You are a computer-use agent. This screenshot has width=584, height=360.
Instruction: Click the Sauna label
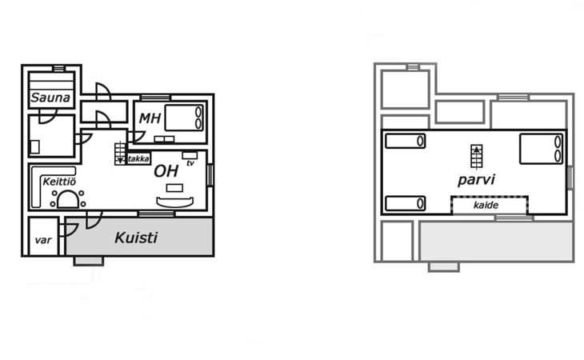tap(50, 99)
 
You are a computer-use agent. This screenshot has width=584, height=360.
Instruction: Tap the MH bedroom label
tap(150, 118)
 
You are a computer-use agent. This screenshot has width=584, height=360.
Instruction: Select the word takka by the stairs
tap(138, 158)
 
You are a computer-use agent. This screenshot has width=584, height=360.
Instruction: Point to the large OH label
tap(166, 171)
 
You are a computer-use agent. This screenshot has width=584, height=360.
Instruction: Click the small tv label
tap(190, 163)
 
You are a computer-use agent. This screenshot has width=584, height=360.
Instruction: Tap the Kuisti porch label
tap(135, 238)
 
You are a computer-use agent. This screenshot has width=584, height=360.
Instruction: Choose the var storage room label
tap(42, 240)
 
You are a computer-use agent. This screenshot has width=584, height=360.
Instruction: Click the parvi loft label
tap(476, 180)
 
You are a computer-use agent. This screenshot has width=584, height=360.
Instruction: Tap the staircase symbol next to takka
tap(120, 152)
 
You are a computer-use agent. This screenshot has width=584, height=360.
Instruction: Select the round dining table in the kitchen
tap(68, 198)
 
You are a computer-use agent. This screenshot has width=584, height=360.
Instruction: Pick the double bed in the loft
tap(542, 149)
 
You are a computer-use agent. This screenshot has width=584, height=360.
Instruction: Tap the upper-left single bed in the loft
tap(405, 141)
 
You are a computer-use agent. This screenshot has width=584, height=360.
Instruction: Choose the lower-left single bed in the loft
tap(405, 203)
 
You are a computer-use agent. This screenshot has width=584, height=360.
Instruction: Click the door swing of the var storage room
tap(67, 230)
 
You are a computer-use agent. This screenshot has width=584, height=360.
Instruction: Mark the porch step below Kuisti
tap(88, 261)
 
